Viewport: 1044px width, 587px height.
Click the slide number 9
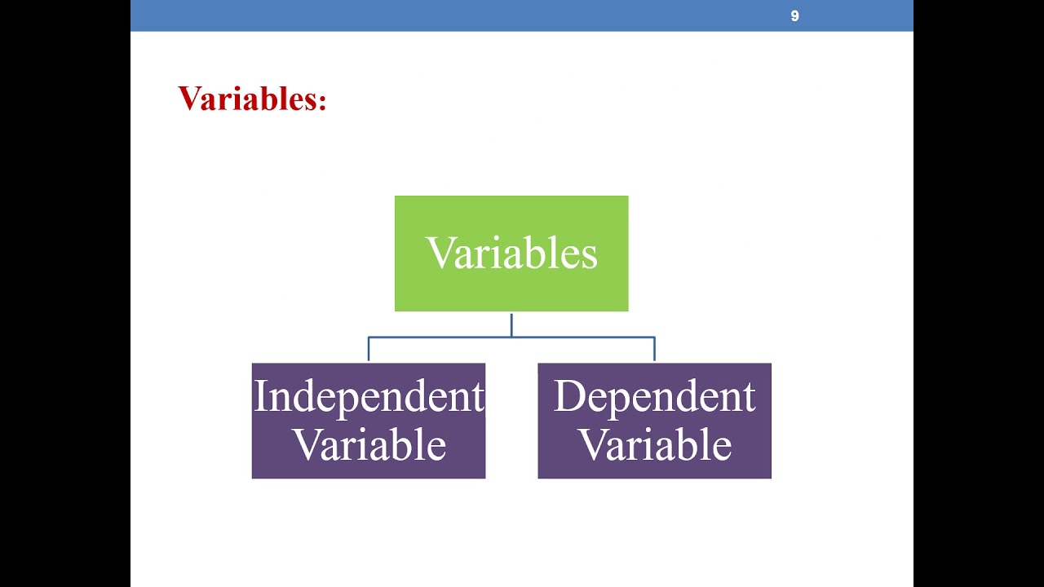[794, 16]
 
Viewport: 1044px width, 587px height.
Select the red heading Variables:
[252, 99]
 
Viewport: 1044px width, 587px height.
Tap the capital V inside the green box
[440, 253]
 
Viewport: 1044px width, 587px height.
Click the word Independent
[369, 397]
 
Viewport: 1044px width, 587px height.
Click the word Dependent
[654, 397]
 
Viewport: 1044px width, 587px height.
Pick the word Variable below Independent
[369, 445]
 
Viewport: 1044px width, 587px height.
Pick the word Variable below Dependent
[654, 445]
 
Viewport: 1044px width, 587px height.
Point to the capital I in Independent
[260, 397]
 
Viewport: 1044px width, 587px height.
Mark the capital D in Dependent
[568, 397]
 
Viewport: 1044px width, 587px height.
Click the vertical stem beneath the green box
[511, 324]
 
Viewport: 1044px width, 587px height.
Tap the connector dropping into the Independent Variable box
[369, 350]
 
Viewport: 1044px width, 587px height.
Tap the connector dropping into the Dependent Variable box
[654, 350]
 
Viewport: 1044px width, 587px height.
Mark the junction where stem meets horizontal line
[511, 337]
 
